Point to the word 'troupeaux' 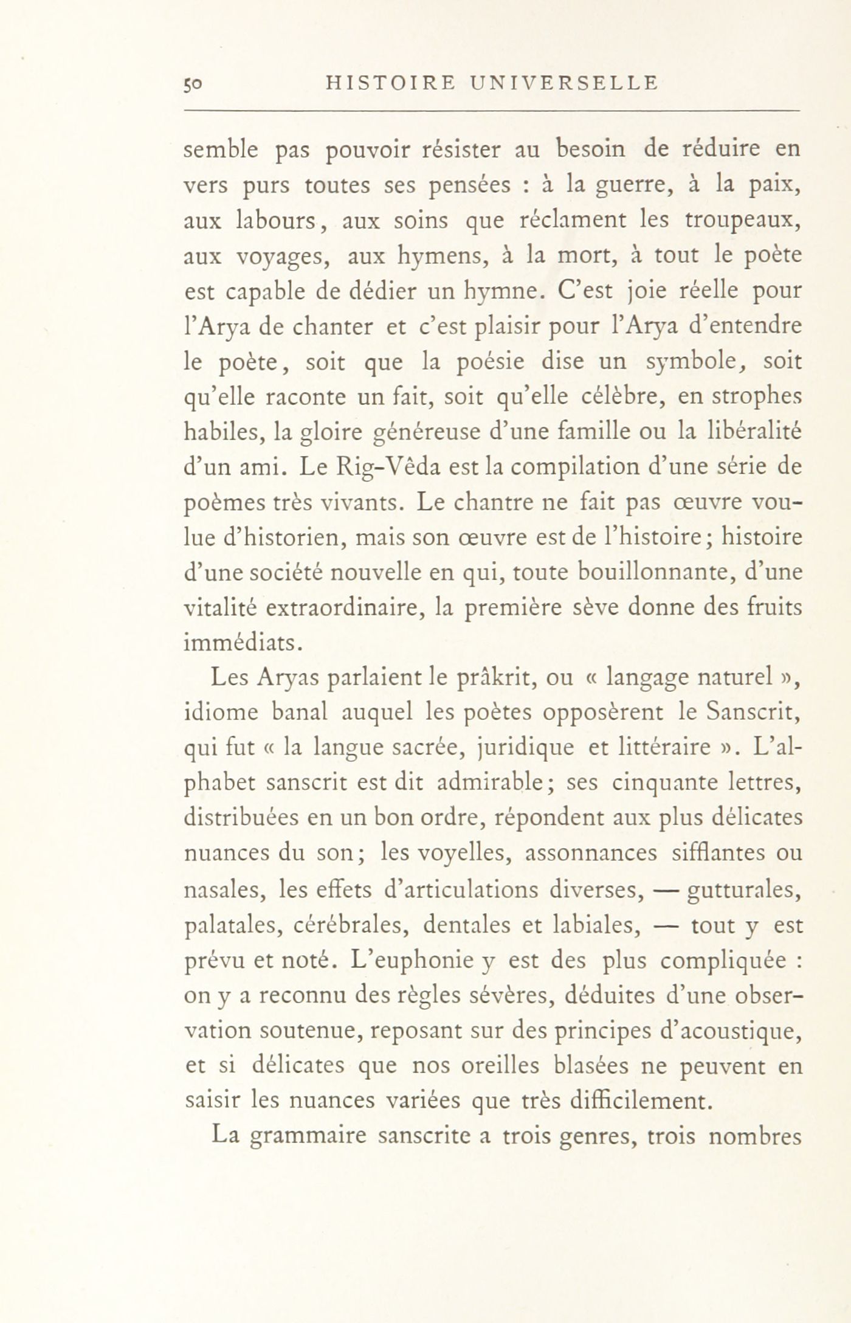click(738, 221)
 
